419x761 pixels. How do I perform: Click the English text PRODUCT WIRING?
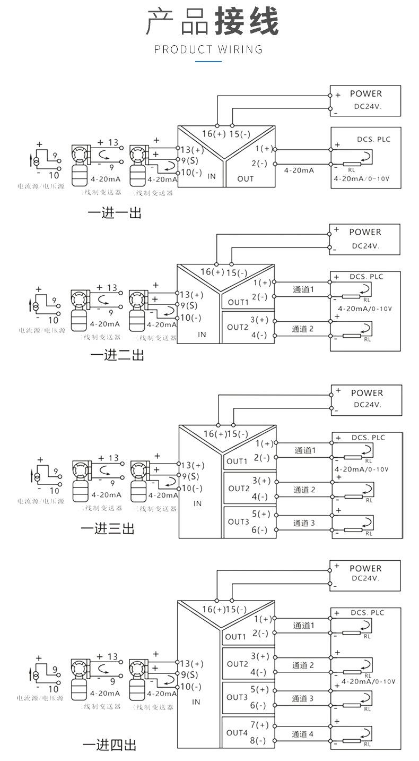(208, 50)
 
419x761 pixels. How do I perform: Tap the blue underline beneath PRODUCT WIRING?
(208, 62)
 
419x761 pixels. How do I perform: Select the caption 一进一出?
(115, 213)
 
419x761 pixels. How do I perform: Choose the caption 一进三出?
(107, 528)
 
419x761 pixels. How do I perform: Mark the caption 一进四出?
(109, 745)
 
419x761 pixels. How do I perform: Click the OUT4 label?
(237, 733)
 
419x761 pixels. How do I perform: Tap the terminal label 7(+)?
(260, 725)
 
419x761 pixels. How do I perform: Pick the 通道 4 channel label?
(303, 734)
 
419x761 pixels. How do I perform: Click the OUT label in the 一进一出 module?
(246, 178)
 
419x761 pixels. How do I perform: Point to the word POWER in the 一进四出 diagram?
(365, 568)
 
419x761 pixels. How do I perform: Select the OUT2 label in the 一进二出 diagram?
(238, 327)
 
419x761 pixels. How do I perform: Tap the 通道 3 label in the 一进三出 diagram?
(304, 523)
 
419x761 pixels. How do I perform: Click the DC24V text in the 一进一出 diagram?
(368, 106)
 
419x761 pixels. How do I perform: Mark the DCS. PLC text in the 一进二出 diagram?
(366, 277)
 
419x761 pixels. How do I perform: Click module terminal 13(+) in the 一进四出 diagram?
(191, 663)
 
